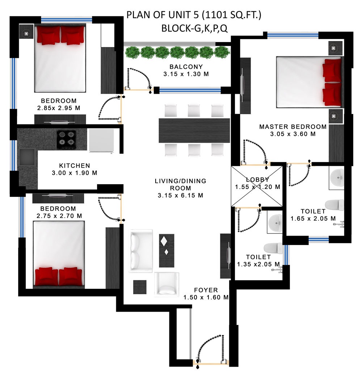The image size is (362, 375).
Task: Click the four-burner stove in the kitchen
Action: click(67, 139)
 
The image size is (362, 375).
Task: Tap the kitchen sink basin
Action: click(27, 157)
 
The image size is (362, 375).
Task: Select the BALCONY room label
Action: click(186, 67)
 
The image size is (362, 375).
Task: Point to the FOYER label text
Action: click(206, 290)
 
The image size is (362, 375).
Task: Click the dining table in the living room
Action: click(194, 131)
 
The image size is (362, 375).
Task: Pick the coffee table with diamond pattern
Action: click(167, 250)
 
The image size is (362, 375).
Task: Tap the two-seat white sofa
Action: click(140, 251)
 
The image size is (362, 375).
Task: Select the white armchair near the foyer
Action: click(167, 284)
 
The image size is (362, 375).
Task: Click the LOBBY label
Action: click(258, 180)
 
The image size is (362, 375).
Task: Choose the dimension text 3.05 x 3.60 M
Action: click(293, 134)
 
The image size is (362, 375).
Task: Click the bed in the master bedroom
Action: click(309, 82)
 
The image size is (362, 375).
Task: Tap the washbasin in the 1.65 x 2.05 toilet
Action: click(337, 177)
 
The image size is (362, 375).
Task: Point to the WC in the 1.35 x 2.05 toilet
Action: click(273, 248)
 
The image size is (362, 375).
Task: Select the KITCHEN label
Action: click(75, 165)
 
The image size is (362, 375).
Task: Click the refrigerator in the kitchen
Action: click(101, 140)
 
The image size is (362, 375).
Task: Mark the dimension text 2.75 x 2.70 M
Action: click(59, 216)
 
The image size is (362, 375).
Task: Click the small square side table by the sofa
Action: click(140, 287)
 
